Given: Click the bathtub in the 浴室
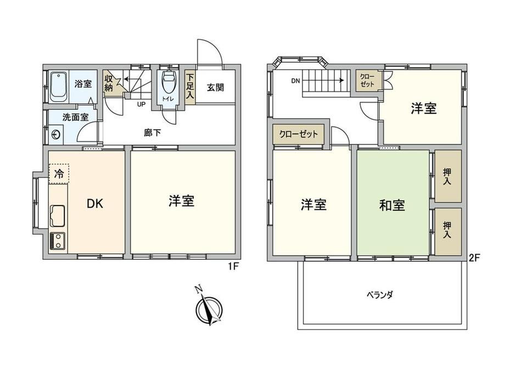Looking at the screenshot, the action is [58, 86].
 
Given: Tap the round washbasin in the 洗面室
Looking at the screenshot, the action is [57, 134].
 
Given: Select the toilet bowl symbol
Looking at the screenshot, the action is [168, 81].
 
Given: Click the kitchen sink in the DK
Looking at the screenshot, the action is [57, 216].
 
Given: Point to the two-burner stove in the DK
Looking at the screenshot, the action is [57, 241].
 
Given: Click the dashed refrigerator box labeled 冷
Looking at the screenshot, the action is [59, 174].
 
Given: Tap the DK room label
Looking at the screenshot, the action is [95, 203].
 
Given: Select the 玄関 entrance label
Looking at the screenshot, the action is [215, 87].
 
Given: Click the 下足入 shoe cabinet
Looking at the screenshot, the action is [190, 87].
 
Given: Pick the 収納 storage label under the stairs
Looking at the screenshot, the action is [108, 83].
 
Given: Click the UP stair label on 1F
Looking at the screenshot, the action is [141, 104].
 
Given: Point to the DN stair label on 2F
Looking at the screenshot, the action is [295, 81].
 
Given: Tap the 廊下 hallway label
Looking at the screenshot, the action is [153, 132].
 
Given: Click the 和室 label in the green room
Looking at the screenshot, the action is [392, 205].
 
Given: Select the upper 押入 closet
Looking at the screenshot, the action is [448, 176].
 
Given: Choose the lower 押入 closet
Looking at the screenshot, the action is [448, 230].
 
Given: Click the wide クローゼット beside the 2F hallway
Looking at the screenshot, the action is [298, 134].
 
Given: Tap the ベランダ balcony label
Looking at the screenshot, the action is [380, 294].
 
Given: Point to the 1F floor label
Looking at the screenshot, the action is [233, 266].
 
